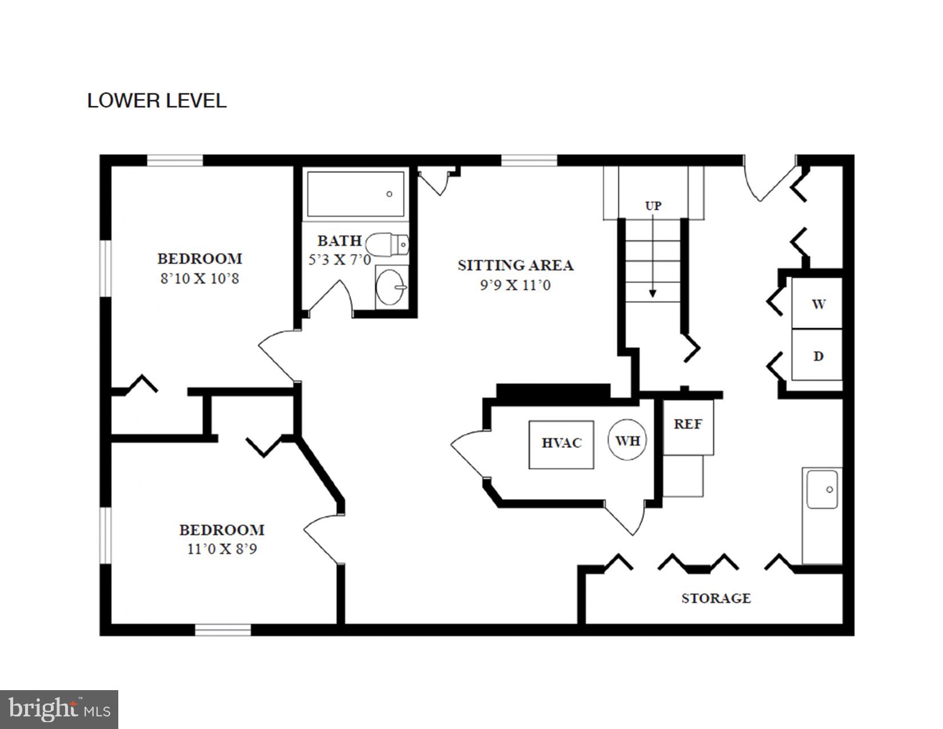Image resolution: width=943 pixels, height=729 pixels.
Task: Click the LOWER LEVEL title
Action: pyautogui.click(x=157, y=101)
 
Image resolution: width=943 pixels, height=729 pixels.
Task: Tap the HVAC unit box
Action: pyautogui.click(x=561, y=444)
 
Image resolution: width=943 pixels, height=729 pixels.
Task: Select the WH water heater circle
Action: pyautogui.click(x=628, y=440)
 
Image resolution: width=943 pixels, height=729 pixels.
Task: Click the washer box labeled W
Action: pyautogui.click(x=817, y=304)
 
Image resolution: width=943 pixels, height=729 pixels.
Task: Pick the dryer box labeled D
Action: pyautogui.click(x=817, y=355)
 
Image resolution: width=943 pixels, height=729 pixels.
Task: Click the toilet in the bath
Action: pyautogui.click(x=387, y=245)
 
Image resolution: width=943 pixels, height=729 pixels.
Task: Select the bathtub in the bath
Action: pyautogui.click(x=355, y=194)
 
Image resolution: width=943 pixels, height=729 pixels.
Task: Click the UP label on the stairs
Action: pyautogui.click(x=653, y=206)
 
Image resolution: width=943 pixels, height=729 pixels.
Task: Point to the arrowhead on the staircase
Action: pyautogui.click(x=653, y=293)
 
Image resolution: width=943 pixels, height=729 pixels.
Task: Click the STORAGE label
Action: pyautogui.click(x=716, y=598)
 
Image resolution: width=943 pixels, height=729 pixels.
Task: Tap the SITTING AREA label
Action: pyautogui.click(x=516, y=265)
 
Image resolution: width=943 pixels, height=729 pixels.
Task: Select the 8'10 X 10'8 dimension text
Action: pyautogui.click(x=199, y=279)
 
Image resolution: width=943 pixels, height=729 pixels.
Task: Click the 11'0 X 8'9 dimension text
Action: pyautogui.click(x=222, y=549)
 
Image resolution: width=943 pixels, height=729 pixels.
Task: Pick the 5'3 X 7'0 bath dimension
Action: pyautogui.click(x=339, y=260)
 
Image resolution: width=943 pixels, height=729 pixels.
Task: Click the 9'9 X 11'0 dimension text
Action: pyautogui.click(x=515, y=285)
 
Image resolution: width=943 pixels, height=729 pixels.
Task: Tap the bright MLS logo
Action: pyautogui.click(x=59, y=710)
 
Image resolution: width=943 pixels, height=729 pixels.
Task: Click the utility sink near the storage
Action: pyautogui.click(x=822, y=489)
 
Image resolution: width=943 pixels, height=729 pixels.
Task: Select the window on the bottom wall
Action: pyautogui.click(x=223, y=630)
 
